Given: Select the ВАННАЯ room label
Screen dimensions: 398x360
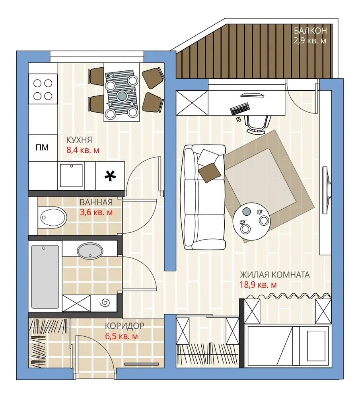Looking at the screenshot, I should pyautogui.click(x=96, y=203).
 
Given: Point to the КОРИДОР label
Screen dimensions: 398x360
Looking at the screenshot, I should pyautogui.click(x=124, y=326).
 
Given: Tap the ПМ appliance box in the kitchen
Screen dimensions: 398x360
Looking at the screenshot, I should pyautogui.click(x=42, y=148).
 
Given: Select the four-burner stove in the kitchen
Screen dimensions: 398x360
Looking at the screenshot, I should pyautogui.click(x=43, y=90).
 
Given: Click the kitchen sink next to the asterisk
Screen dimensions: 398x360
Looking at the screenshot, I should pyautogui.click(x=71, y=176).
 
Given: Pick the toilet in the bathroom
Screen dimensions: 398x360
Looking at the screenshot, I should pyautogui.click(x=53, y=217).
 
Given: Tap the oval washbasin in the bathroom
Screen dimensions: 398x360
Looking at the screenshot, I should pyautogui.click(x=90, y=251).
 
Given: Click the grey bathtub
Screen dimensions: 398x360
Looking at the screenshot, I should pyautogui.click(x=45, y=277).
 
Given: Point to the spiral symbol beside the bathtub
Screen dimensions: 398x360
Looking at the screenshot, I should pyautogui.click(x=105, y=304).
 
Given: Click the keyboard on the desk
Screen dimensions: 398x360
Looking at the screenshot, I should pyautogui.click(x=240, y=108).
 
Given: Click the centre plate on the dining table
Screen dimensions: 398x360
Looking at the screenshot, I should pyautogui.click(x=122, y=95).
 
